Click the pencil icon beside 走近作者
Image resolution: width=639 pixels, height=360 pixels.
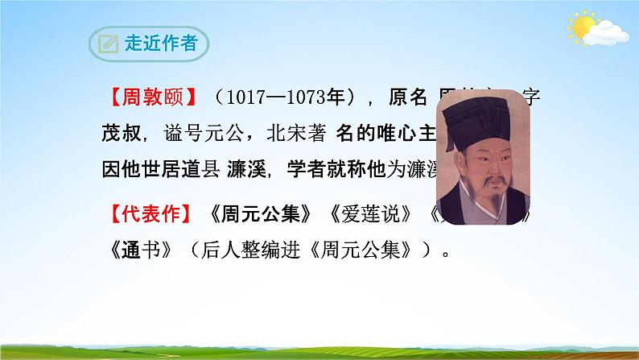(x=106, y=45)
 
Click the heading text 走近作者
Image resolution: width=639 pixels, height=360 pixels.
(x=161, y=45)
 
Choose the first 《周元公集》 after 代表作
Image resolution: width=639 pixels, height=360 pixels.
(x=261, y=215)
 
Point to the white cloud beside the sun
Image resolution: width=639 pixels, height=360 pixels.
(x=606, y=33)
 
